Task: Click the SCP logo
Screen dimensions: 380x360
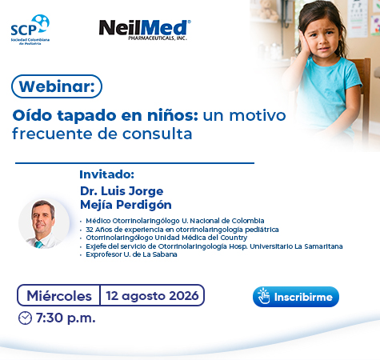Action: click(x=30, y=30)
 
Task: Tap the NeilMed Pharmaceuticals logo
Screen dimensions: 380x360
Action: click(x=145, y=30)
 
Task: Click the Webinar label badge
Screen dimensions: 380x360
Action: click(x=57, y=86)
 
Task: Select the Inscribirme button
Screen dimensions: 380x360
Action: click(x=296, y=297)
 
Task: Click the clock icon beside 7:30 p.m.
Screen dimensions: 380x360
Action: click(x=25, y=318)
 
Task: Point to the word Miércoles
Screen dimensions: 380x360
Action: click(x=59, y=296)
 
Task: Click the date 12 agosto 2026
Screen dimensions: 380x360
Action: click(x=152, y=296)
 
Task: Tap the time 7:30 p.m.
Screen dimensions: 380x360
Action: click(x=66, y=318)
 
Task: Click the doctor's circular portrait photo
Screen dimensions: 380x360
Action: click(x=44, y=223)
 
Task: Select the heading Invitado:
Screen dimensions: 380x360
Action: click(x=106, y=174)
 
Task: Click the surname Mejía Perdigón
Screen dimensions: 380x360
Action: click(x=126, y=205)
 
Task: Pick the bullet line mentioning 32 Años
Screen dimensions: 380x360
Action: click(x=182, y=230)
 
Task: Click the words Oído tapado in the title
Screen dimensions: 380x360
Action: click(x=64, y=116)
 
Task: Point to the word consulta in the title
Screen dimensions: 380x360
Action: click(x=158, y=134)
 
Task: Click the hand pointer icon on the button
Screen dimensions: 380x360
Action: click(x=263, y=296)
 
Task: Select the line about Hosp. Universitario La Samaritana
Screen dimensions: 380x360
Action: click(x=214, y=246)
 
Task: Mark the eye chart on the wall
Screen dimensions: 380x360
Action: click(x=358, y=18)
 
